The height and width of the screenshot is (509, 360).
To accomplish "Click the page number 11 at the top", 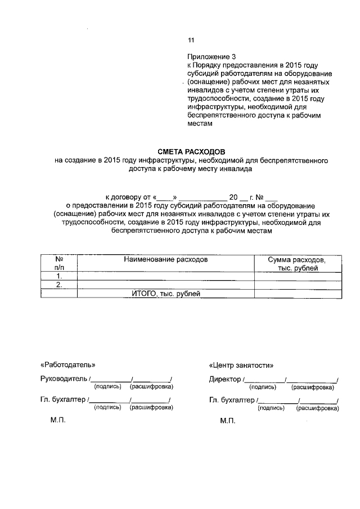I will tap(190, 40).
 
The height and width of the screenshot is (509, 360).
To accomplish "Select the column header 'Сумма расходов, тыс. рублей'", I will tap(297, 264).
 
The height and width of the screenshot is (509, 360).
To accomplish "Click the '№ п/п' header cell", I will tap(58, 264).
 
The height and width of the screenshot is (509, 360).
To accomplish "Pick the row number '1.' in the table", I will tap(58, 277).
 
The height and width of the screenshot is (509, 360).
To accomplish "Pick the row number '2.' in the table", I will tap(58, 285).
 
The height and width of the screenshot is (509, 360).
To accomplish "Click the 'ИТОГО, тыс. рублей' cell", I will tap(166, 294).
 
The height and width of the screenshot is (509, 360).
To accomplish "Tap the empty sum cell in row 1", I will tap(298, 277).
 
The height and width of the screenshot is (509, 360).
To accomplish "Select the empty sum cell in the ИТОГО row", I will tap(298, 294).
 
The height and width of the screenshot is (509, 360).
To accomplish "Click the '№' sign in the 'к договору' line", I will tap(260, 197).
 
